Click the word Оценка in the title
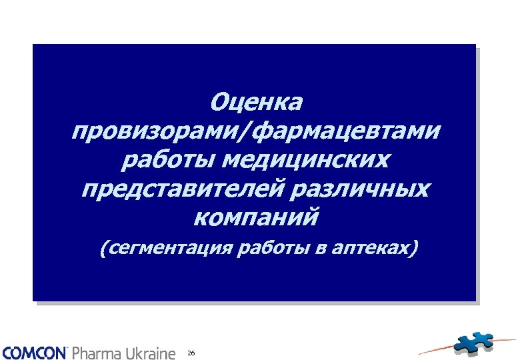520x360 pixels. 256,103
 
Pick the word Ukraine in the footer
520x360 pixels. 151,352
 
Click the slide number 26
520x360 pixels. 191,352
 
